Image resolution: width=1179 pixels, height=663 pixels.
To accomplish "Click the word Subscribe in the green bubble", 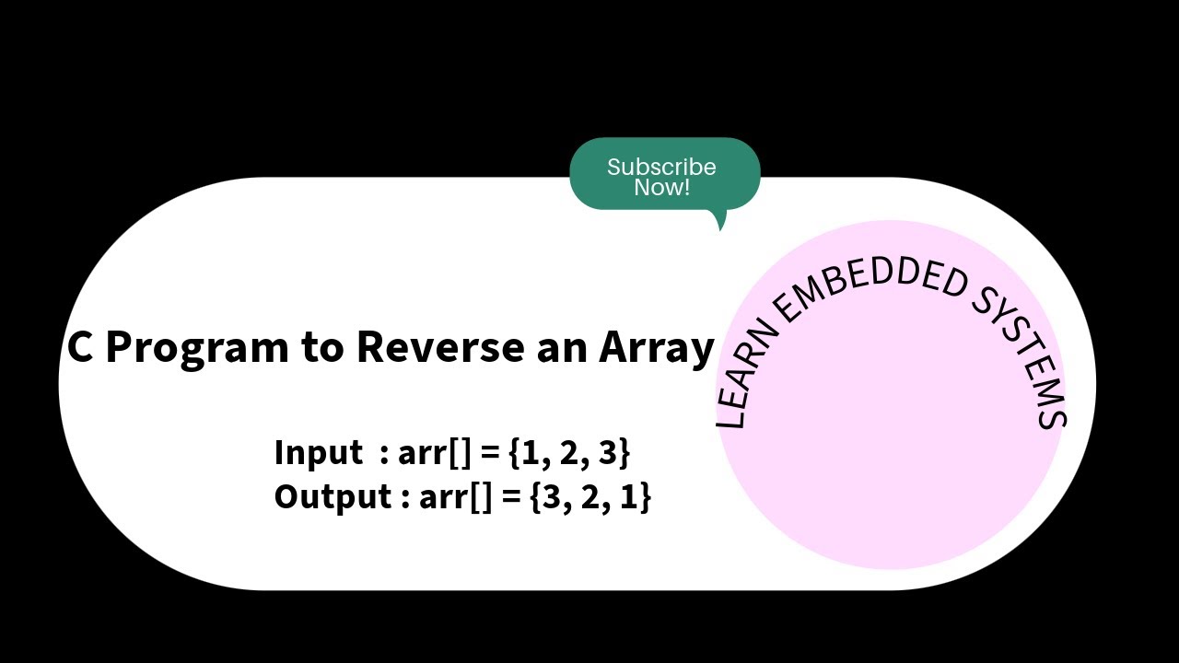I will (x=660, y=167).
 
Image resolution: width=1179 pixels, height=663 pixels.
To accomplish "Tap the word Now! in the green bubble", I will (x=661, y=188).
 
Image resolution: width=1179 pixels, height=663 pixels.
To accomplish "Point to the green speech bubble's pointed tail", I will (x=720, y=222).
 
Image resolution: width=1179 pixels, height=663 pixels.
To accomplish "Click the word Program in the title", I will (x=196, y=348).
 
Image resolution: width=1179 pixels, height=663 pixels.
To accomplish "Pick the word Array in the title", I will (x=657, y=348).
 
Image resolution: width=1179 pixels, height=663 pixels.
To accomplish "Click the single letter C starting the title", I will (x=80, y=347).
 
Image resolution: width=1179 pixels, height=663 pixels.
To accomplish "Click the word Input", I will (x=319, y=453).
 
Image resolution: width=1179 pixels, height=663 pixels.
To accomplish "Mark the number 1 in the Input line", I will (x=530, y=453).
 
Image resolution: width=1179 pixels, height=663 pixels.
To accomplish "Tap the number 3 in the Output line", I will (x=551, y=496).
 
